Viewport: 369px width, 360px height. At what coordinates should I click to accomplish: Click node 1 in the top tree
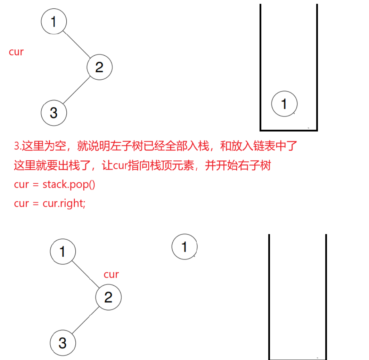point(54,22)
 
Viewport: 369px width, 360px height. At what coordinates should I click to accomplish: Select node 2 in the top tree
point(99,67)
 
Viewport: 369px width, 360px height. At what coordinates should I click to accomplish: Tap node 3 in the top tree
point(54,113)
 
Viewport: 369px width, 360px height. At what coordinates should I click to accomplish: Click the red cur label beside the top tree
point(16,52)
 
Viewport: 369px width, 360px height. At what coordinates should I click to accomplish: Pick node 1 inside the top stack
point(284,104)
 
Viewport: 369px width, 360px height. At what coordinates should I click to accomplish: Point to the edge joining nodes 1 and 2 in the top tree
point(77,44)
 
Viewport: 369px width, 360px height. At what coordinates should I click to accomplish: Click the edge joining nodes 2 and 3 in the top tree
point(77,90)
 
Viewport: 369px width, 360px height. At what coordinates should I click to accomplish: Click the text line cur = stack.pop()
point(55,184)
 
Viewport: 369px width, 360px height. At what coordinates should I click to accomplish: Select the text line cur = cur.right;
point(50,203)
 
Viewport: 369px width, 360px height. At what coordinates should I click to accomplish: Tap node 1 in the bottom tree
point(63,251)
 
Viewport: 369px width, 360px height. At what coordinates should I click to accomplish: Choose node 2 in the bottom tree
point(108,297)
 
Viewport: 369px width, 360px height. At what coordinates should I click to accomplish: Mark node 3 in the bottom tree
point(63,343)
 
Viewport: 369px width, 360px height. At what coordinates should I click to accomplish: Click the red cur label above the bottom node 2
point(111,274)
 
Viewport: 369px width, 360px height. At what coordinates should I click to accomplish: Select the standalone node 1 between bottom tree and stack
point(184,247)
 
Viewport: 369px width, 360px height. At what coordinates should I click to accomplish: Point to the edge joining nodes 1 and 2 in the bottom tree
point(86,274)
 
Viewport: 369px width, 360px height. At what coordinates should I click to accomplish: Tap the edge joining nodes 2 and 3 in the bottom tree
point(86,320)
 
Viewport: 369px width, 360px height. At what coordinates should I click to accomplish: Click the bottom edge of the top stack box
point(289,130)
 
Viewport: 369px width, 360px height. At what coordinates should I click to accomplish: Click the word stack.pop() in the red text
point(69,184)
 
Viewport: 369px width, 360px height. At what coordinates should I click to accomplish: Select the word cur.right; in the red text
point(64,203)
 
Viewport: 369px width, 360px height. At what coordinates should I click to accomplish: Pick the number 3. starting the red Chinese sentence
point(18,146)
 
